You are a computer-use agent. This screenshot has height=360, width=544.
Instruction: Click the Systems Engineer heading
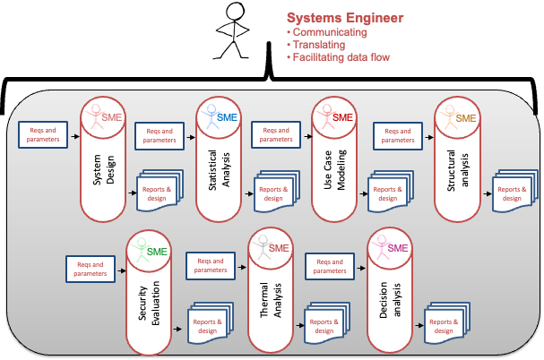tap(344, 18)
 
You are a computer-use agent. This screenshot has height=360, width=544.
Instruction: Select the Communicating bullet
tap(330, 32)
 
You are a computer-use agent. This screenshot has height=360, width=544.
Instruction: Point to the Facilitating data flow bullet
tap(341, 57)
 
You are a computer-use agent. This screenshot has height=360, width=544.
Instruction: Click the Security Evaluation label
tap(149, 304)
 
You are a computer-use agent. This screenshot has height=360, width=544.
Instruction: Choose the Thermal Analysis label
tap(271, 304)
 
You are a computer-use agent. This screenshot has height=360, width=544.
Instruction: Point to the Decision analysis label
tap(390, 304)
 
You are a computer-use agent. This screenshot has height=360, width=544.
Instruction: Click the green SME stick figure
tap(136, 253)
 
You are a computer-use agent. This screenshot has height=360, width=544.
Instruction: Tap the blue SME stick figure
tap(212, 117)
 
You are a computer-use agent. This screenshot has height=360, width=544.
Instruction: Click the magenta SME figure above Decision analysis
tap(383, 250)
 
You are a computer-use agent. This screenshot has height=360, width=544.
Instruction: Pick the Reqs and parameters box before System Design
tap(43, 135)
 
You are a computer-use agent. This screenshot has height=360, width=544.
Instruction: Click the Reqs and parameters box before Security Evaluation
tap(90, 268)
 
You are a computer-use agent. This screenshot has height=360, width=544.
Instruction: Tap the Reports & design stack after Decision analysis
tap(444, 324)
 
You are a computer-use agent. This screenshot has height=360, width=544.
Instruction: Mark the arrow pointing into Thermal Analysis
tap(242, 265)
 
